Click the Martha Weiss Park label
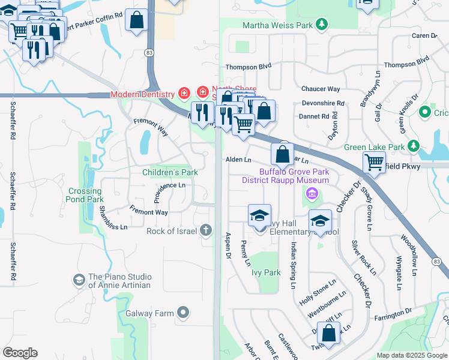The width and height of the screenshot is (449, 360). click(278, 25)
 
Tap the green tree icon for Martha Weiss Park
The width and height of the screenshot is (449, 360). click(322, 25)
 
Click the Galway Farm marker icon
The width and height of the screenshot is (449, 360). click(184, 313)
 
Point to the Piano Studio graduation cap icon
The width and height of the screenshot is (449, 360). click(79, 280)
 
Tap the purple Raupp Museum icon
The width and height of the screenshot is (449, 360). click(312, 193)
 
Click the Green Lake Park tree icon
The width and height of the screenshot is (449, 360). click(413, 146)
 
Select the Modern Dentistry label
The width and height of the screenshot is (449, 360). click(142, 94)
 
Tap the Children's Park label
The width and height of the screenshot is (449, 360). click(170, 173)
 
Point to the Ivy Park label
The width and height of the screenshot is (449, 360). click(265, 272)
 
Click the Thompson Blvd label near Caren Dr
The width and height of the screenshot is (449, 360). click(406, 64)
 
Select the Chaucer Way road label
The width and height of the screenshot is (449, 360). click(321, 89)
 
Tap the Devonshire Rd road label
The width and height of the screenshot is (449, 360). click(323, 103)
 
